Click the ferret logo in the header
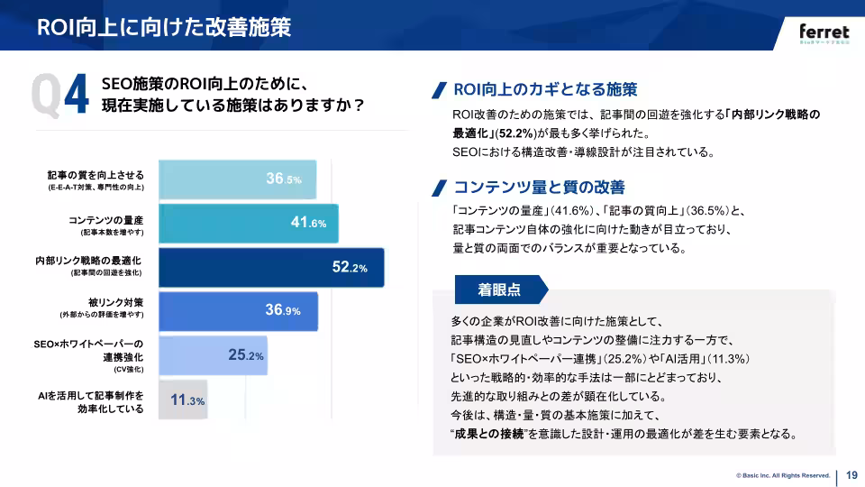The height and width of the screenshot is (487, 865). point(824,30)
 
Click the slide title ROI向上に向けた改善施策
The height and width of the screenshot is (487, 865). point(164,27)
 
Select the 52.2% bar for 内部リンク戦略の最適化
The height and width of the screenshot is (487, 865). point(270,268)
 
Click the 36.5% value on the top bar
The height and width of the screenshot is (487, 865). point(283,179)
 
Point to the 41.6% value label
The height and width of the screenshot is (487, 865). point(308,223)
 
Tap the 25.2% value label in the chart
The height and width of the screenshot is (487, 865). point(245,355)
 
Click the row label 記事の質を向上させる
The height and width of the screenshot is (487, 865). point(96,174)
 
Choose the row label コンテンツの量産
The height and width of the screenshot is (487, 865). point(106,218)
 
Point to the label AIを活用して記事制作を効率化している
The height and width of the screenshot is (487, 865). point(91,401)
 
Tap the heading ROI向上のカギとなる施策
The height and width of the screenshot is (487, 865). point(545,89)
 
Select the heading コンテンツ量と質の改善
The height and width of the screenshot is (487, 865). point(538,188)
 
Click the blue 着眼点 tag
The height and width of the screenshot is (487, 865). point(499,290)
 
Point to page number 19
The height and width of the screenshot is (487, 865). point(851,475)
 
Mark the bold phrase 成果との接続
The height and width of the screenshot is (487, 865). point(491,434)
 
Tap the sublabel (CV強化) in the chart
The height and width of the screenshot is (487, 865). point(128,370)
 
